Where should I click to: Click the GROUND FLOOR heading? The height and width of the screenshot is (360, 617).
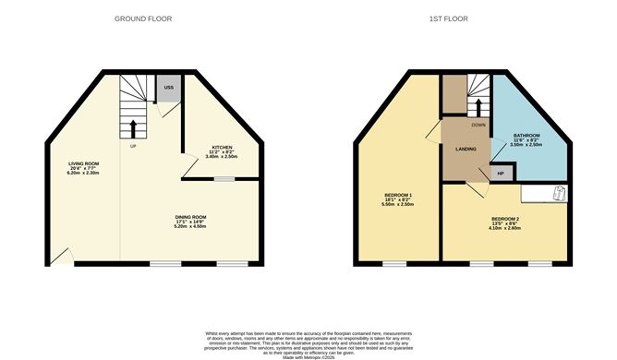(x=143, y=18)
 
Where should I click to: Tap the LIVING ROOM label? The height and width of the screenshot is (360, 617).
(x=83, y=163)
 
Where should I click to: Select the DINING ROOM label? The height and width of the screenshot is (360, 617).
(x=192, y=217)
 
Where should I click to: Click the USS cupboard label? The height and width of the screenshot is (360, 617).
(x=168, y=88)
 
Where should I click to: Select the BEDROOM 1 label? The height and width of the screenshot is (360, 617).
(x=398, y=195)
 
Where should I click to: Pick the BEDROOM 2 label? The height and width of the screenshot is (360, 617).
(x=505, y=218)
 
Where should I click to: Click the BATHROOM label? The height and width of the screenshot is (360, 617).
(x=527, y=137)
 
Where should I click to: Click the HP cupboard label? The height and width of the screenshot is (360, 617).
(x=501, y=173)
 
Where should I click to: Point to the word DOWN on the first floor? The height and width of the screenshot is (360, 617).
(x=478, y=125)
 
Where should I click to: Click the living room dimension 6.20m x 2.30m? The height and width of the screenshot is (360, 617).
(x=83, y=174)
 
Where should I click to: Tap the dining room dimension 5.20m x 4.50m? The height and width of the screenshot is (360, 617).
(x=192, y=228)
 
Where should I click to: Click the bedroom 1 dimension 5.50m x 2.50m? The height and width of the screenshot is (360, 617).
(x=398, y=206)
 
